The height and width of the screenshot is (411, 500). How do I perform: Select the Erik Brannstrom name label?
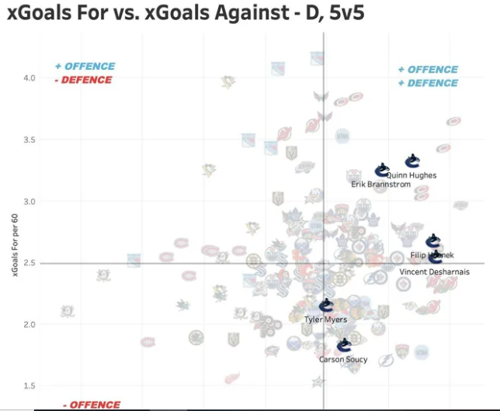tap(380, 185)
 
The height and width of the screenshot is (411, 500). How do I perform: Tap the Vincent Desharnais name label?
tap(434, 272)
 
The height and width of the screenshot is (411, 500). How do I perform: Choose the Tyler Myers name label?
tap(326, 319)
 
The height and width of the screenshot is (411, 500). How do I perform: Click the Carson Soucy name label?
tap(343, 360)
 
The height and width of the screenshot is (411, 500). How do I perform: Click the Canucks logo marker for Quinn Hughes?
tap(412, 161)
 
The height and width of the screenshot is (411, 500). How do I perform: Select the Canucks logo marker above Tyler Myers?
tap(327, 306)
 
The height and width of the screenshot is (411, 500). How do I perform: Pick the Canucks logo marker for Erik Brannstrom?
tap(382, 170)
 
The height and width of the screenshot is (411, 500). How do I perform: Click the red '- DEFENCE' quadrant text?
tap(85, 80)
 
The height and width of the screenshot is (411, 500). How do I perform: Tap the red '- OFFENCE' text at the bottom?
tap(92, 405)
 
